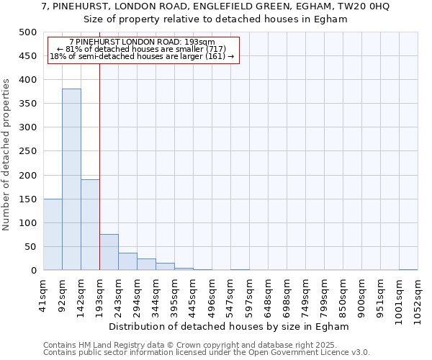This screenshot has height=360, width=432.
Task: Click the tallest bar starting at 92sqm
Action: [71, 179]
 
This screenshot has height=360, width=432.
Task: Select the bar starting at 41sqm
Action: [53, 234]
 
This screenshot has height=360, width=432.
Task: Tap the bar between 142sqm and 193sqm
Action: [90, 225]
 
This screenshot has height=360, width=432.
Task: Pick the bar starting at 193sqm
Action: [109, 252]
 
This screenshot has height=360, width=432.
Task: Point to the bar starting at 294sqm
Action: [146, 264]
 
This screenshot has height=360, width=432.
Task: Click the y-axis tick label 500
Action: [28, 32]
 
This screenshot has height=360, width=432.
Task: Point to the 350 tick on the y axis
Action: [28, 104]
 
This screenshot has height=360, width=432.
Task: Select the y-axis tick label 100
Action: [28, 223]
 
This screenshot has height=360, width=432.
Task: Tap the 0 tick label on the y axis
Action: [34, 271]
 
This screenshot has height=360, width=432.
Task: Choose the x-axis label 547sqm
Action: [230, 295]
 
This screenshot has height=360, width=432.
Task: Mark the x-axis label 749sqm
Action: [305, 295]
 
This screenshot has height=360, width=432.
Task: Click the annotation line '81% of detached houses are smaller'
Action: [142, 49]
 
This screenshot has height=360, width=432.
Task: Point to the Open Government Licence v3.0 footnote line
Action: [206, 353]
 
